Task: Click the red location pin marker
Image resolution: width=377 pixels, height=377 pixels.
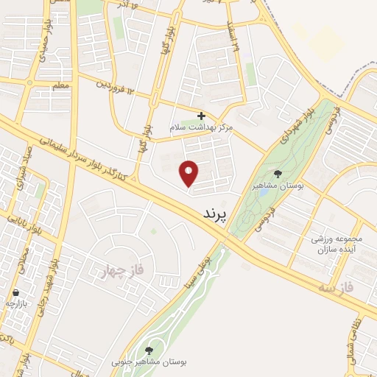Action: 189,173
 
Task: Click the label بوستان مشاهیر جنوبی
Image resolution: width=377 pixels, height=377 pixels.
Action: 149,362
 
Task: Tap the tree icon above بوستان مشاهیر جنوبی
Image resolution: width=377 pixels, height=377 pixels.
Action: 149,350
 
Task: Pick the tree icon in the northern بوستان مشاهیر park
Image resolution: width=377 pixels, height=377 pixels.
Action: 278,175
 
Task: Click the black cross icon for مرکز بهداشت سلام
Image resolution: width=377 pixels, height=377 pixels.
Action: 201,116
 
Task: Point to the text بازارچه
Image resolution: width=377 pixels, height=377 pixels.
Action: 17,303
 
